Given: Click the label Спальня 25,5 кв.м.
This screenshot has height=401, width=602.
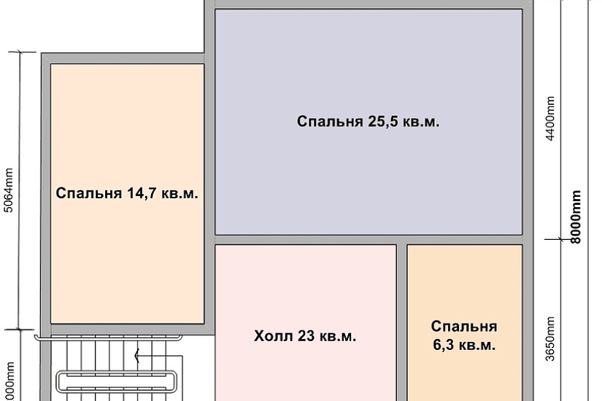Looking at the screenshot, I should tap(368, 122).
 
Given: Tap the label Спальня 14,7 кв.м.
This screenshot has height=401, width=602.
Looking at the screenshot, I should tap(127, 194).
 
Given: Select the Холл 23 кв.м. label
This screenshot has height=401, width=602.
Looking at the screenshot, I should tap(305, 336).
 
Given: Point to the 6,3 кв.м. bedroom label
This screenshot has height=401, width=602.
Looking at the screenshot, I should tap(463, 335).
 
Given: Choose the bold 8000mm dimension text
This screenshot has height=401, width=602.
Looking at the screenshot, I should tap(576, 217).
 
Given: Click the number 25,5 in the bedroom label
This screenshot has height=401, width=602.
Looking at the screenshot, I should tap(381, 122).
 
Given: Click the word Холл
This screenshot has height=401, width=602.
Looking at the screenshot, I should tap(271, 336).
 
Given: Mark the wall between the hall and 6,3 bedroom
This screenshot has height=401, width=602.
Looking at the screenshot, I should tap(401, 321).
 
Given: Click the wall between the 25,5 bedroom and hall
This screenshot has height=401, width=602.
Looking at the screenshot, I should tap(306, 239).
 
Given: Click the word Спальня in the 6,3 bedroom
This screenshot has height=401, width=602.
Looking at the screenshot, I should tap(463, 326).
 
